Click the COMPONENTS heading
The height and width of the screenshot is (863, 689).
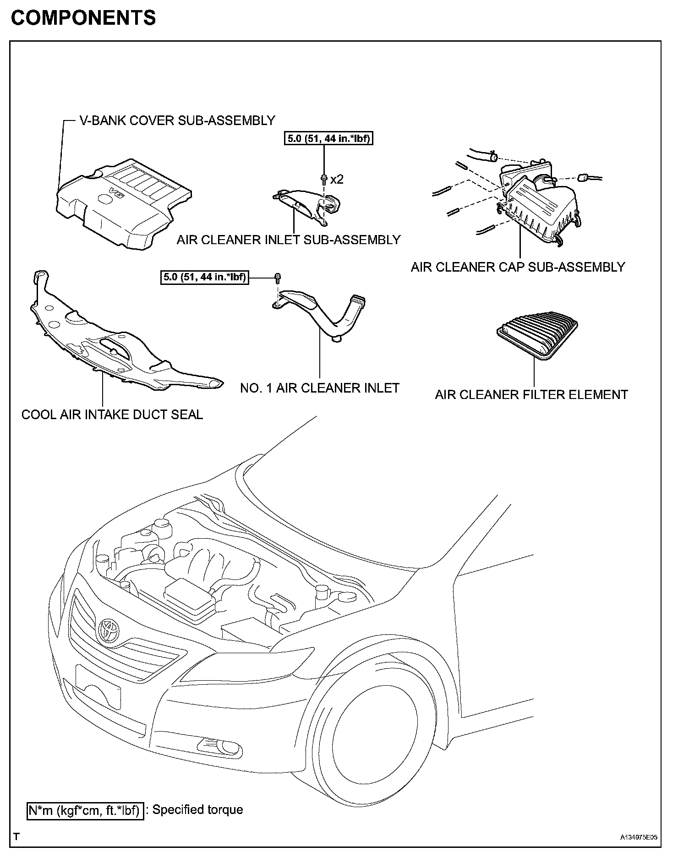click(83, 18)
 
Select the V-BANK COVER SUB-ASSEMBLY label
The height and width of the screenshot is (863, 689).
click(177, 120)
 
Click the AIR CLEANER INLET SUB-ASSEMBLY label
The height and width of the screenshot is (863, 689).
click(289, 240)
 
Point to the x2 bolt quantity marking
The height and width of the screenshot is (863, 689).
click(337, 180)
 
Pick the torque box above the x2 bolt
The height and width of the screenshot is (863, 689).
click(328, 138)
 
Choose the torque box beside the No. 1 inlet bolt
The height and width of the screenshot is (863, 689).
click(204, 277)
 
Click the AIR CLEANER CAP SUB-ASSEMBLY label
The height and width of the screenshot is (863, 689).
click(518, 267)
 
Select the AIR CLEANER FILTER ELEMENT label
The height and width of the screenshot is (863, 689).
click(531, 394)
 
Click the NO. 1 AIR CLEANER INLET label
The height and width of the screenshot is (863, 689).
click(320, 388)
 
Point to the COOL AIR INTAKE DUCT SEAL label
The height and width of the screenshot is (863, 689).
click(112, 415)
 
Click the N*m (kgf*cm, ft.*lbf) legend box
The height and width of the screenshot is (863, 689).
click(85, 810)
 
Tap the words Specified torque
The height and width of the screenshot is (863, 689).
click(197, 809)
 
